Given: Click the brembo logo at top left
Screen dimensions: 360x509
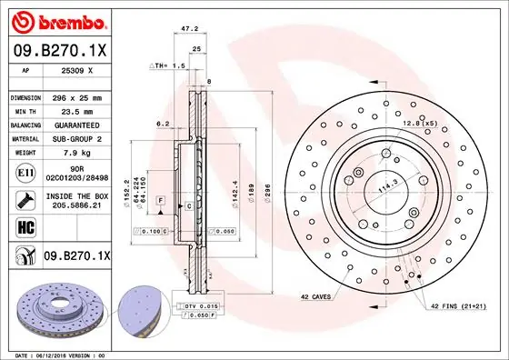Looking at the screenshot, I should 56,19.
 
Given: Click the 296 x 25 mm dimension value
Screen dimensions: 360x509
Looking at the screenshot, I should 79,96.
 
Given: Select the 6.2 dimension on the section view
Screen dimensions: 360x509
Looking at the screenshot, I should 163,123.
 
